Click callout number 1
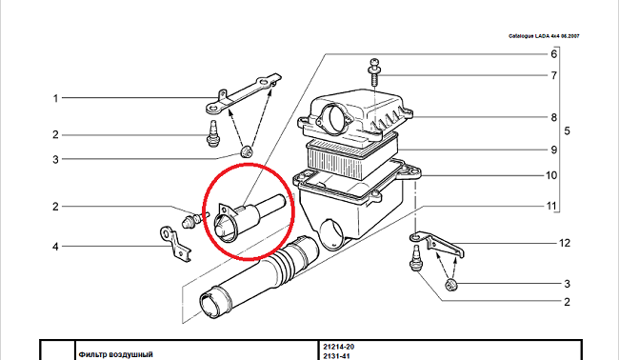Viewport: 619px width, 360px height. pos(55,98)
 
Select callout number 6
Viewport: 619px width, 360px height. pos(554,53)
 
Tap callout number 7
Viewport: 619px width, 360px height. pos(554,75)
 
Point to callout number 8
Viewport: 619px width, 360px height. pos(554,118)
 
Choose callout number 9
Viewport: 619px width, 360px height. pos(554,150)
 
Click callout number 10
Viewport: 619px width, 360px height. pos(551,175)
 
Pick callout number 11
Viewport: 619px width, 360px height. pos(551,206)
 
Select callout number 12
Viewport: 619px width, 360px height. pos(565,243)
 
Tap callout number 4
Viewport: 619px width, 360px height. pos(55,247)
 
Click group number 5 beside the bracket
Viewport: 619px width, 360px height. pos(567,131)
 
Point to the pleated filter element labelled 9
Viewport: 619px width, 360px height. pos(352,155)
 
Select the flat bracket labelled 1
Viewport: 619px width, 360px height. pos(243,93)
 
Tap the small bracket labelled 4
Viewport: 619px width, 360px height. pos(175,245)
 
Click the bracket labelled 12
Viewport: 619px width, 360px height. pos(438,244)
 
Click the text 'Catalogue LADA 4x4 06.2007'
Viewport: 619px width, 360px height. pos(544,36)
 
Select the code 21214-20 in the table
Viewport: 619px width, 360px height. pos(339,347)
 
